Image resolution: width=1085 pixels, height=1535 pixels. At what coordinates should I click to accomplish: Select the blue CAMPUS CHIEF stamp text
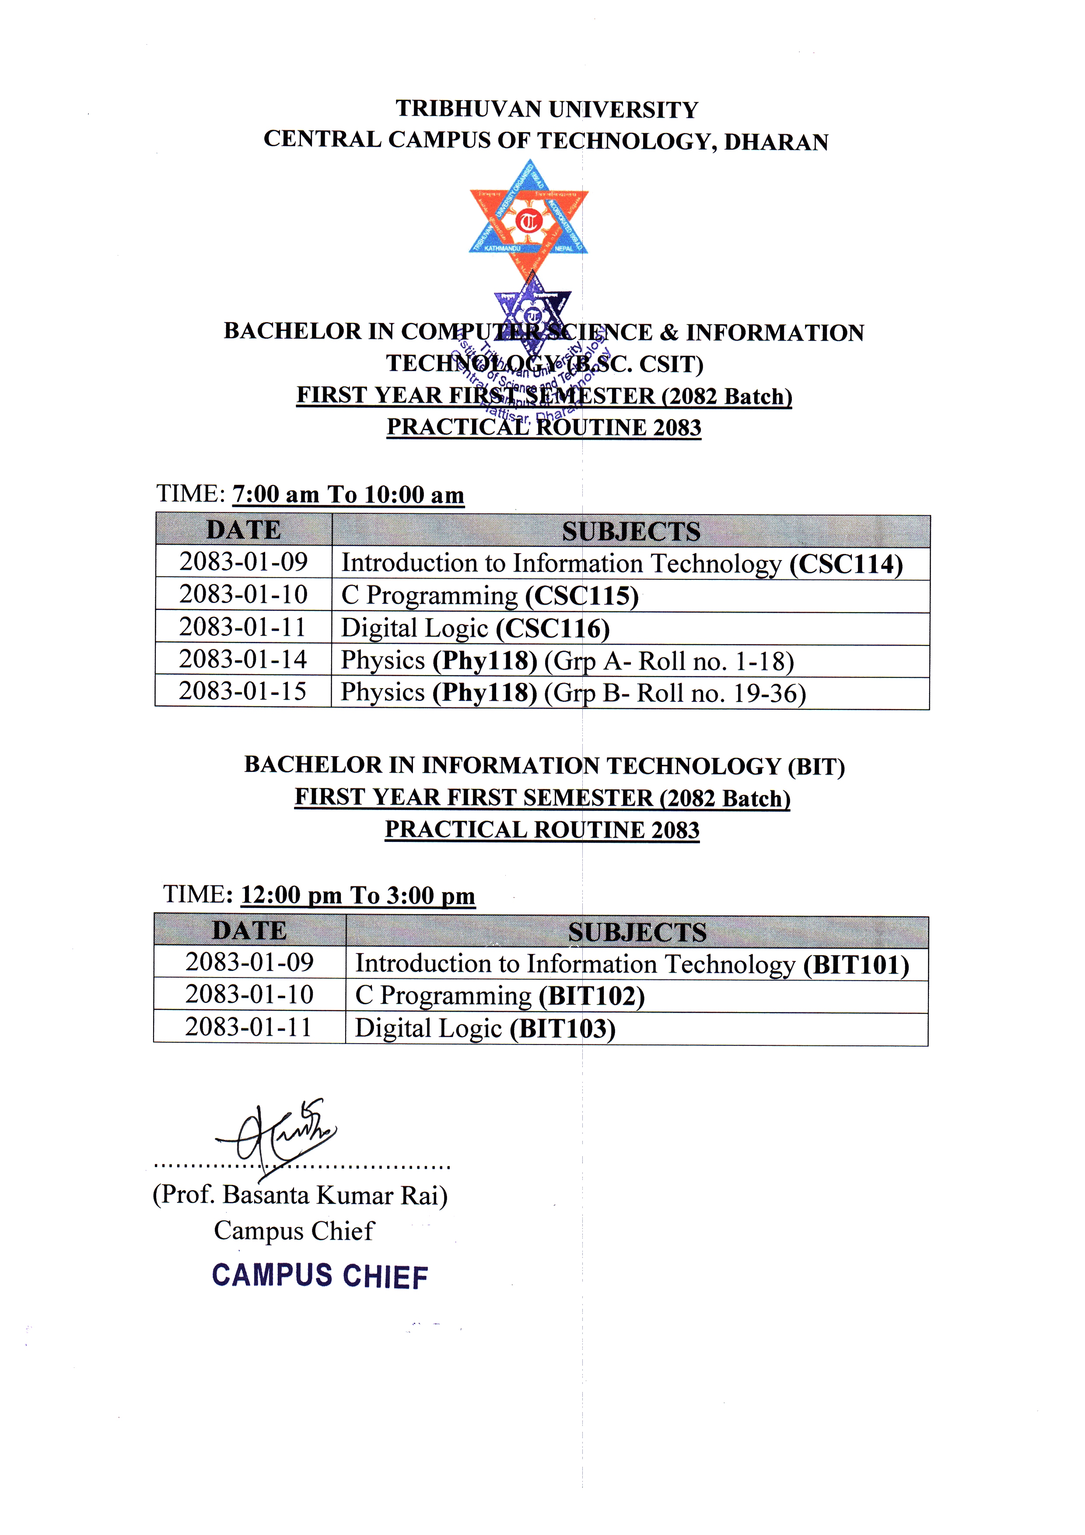click(319, 1276)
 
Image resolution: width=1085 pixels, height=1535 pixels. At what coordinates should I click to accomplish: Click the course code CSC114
click(846, 564)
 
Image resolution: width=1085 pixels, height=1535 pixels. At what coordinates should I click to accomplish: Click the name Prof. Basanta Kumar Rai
click(300, 1195)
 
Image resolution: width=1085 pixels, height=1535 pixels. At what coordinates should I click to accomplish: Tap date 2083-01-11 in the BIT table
click(248, 1027)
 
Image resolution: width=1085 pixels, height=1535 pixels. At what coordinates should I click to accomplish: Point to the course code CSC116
click(552, 628)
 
